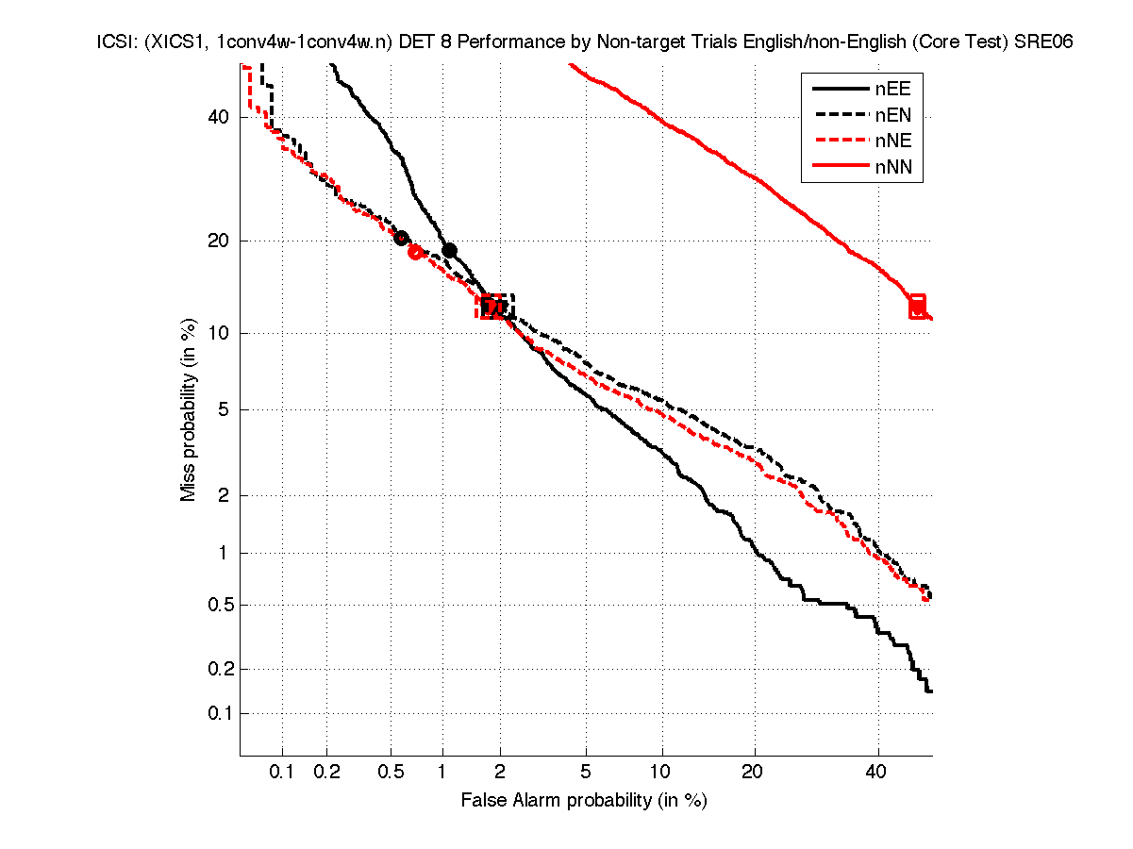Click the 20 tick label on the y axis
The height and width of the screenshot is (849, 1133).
pos(219,241)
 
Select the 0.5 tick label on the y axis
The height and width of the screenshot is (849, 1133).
pos(216,605)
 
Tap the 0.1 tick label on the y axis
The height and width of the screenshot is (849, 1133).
pos(216,713)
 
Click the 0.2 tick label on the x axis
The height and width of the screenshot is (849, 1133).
pos(326,772)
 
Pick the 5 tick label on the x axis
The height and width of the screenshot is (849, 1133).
pos(586,772)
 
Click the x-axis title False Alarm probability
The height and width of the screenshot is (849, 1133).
pos(584,801)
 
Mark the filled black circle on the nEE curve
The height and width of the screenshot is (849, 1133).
pos(450,251)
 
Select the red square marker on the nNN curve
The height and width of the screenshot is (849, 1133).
pos(917,306)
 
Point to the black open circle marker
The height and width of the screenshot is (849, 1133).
pos(401,239)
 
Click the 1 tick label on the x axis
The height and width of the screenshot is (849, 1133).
pos(442,772)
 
